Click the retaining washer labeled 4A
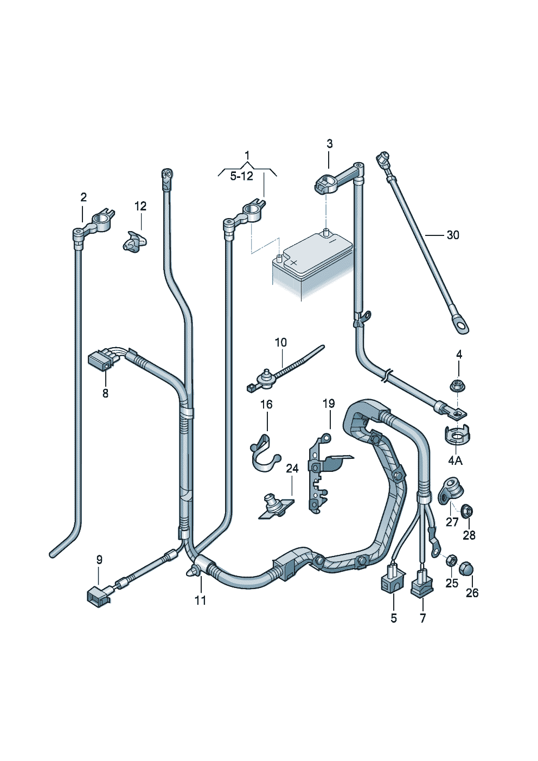tap(456, 435)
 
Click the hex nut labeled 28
tap(466, 510)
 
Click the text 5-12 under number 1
tap(241, 176)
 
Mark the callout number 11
tap(201, 600)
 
